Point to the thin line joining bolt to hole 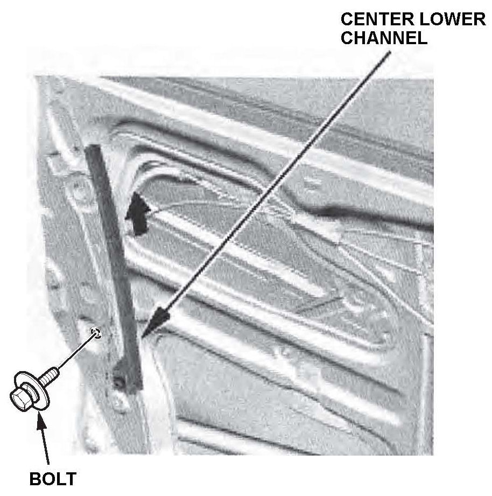coord(75,353)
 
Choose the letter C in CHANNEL coord(348,39)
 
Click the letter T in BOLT coord(71,479)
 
